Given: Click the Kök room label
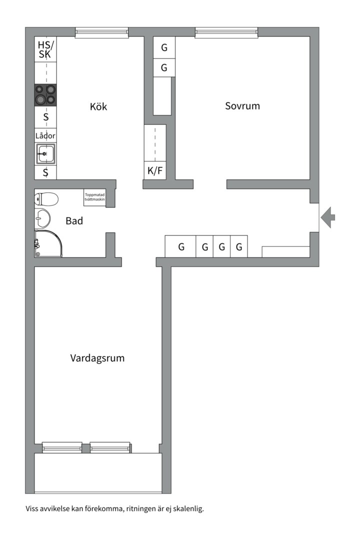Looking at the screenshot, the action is coord(98,106).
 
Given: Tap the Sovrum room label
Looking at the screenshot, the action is coord(242,105).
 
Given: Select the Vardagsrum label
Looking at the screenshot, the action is coord(97,358).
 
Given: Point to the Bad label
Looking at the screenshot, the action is coord(74,221).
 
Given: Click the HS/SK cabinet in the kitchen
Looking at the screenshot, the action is coord(45,49).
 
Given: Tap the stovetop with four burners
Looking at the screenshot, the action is coord(45,94).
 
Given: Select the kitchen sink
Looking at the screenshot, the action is coord(45,153).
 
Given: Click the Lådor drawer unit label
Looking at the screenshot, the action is coord(45,135).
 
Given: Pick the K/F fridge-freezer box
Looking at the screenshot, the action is coord(155,170).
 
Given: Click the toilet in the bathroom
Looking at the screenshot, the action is coord(46,198).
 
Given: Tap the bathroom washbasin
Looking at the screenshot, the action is coord(42,218).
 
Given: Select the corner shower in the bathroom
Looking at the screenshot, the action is coord(48,243).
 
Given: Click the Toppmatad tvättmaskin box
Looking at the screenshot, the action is coord(94,197).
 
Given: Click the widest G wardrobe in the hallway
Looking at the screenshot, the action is coord(180,246).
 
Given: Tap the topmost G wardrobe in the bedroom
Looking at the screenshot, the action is coord(164,47).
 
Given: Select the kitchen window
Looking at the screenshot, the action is coord(102,32).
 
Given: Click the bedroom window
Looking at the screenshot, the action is coord(226,32).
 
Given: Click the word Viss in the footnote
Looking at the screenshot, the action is coord(31,508).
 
